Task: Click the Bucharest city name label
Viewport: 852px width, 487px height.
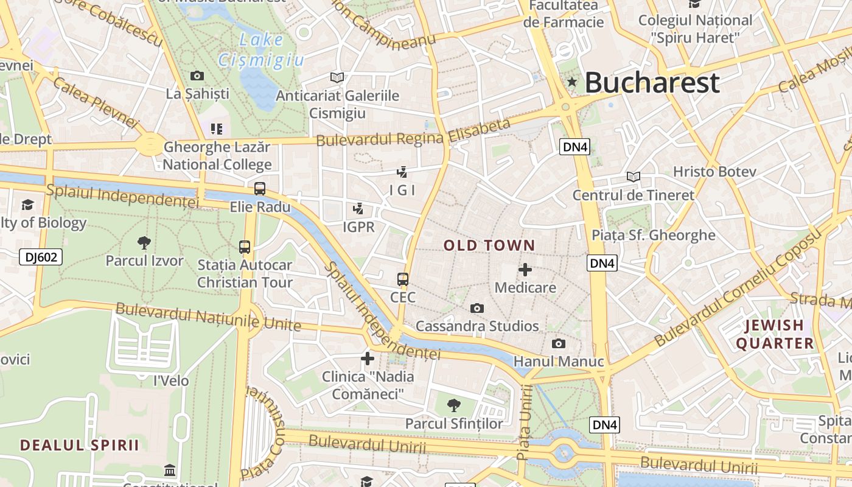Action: tap(652, 83)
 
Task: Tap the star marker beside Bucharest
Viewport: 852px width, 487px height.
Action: tap(572, 82)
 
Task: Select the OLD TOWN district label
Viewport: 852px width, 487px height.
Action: tap(489, 246)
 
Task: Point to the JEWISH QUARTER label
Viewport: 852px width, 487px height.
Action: tap(775, 334)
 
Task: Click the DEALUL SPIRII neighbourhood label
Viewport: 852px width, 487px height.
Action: tap(80, 445)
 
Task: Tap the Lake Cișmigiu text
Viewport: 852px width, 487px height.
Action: tap(261, 49)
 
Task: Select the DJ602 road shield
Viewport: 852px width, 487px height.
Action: tap(41, 257)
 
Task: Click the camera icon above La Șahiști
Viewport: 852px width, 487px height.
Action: tap(197, 76)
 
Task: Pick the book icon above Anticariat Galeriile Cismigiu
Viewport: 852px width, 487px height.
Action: tap(337, 77)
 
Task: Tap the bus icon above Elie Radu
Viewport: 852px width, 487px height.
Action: tap(260, 189)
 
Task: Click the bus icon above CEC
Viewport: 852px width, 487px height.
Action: tap(403, 279)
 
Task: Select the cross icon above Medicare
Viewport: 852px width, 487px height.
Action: tap(525, 270)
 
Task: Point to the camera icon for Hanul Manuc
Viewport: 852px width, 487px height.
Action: tap(558, 344)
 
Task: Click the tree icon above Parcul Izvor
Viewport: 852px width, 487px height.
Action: tap(144, 243)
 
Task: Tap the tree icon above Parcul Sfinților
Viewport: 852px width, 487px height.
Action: tap(453, 405)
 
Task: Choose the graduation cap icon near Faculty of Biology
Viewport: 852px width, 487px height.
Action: tap(27, 205)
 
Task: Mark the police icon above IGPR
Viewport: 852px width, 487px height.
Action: tap(358, 209)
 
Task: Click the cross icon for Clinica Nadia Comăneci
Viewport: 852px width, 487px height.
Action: tap(368, 359)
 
